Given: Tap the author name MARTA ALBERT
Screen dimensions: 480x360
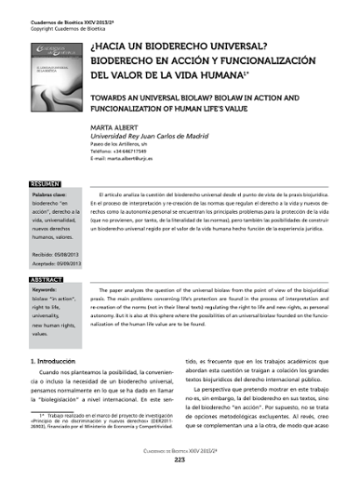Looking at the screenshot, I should pyautogui.click(x=141, y=130).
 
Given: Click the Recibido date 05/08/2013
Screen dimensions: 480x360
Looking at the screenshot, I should pyautogui.click(x=59, y=251).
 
